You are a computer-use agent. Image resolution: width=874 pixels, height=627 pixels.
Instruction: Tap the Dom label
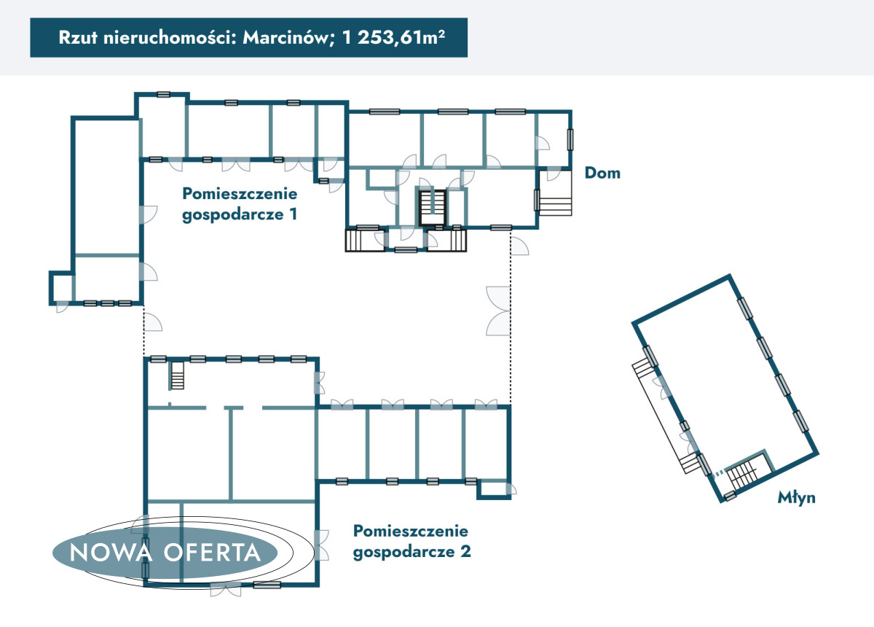(x=602, y=173)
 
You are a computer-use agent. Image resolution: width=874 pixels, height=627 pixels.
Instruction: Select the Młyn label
(x=796, y=498)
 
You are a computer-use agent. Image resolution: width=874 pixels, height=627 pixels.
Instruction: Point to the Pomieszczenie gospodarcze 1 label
(x=240, y=204)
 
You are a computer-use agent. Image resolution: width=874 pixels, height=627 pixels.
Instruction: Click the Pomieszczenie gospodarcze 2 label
(x=412, y=542)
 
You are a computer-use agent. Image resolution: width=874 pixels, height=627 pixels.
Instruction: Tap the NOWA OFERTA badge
(x=165, y=553)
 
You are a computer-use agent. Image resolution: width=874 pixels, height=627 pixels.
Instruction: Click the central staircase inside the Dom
(x=433, y=208)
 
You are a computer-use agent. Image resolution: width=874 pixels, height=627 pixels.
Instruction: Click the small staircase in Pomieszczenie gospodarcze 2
(x=177, y=375)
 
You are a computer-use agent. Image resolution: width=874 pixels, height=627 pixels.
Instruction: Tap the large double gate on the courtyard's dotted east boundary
(x=498, y=311)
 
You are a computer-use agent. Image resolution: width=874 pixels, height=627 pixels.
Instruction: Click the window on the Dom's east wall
(x=570, y=139)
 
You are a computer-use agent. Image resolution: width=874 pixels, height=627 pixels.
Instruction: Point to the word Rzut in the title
(x=78, y=37)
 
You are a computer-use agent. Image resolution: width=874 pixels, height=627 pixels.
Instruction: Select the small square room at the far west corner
(x=62, y=288)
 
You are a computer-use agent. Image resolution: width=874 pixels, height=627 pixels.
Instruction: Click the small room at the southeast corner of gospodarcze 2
(x=494, y=489)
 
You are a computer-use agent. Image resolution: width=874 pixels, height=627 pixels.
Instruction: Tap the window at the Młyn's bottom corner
(x=729, y=496)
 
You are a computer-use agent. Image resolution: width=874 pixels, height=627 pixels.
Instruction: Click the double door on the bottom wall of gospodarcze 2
(x=226, y=589)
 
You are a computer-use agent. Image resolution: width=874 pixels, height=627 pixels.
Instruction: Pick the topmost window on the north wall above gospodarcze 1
(x=163, y=95)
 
